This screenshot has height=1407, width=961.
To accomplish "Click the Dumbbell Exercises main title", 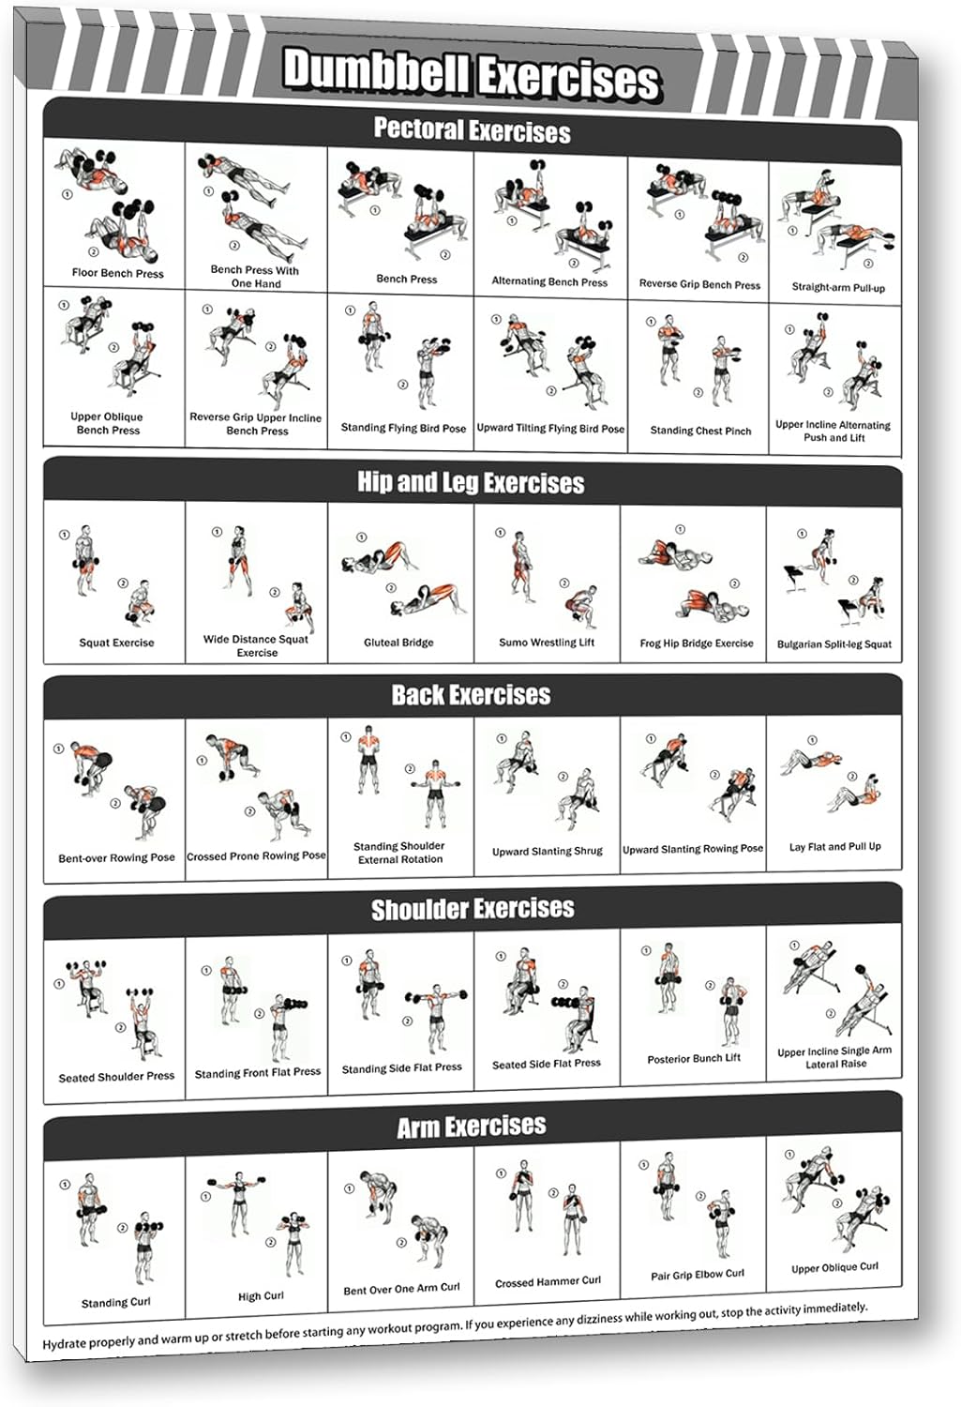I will coord(472,73).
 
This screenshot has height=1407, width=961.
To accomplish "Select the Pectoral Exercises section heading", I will coord(472,129).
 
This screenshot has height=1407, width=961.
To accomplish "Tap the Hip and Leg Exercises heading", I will coord(471,482).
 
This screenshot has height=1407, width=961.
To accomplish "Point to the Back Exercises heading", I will coord(471,695).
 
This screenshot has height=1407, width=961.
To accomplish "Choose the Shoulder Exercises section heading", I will coord(473,909).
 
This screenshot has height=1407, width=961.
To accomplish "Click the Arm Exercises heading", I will coord(471,1126).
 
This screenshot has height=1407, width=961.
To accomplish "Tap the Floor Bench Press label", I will coord(117,273).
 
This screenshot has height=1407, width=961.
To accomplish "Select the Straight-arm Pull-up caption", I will coord(838,287).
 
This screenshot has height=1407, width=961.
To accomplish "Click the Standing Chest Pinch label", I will coord(700,431).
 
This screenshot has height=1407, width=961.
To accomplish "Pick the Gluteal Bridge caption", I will coord(398,643).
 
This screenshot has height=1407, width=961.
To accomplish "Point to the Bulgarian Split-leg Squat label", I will coord(834,644).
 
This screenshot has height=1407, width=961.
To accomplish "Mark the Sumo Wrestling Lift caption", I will coord(547,643).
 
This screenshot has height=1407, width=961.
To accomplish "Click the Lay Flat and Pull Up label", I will coord(834,846).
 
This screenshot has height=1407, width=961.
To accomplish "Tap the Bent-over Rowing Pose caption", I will coord(116,857).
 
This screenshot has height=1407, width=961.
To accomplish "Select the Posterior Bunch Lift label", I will coord(694,1058).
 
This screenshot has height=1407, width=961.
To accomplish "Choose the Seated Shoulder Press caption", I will coord(116,1077).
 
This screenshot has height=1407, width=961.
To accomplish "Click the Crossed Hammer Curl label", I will coord(548,1281).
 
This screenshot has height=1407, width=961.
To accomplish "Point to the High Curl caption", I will coord(261,1296).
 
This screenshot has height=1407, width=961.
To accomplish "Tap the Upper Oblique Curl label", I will coord(834,1267).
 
